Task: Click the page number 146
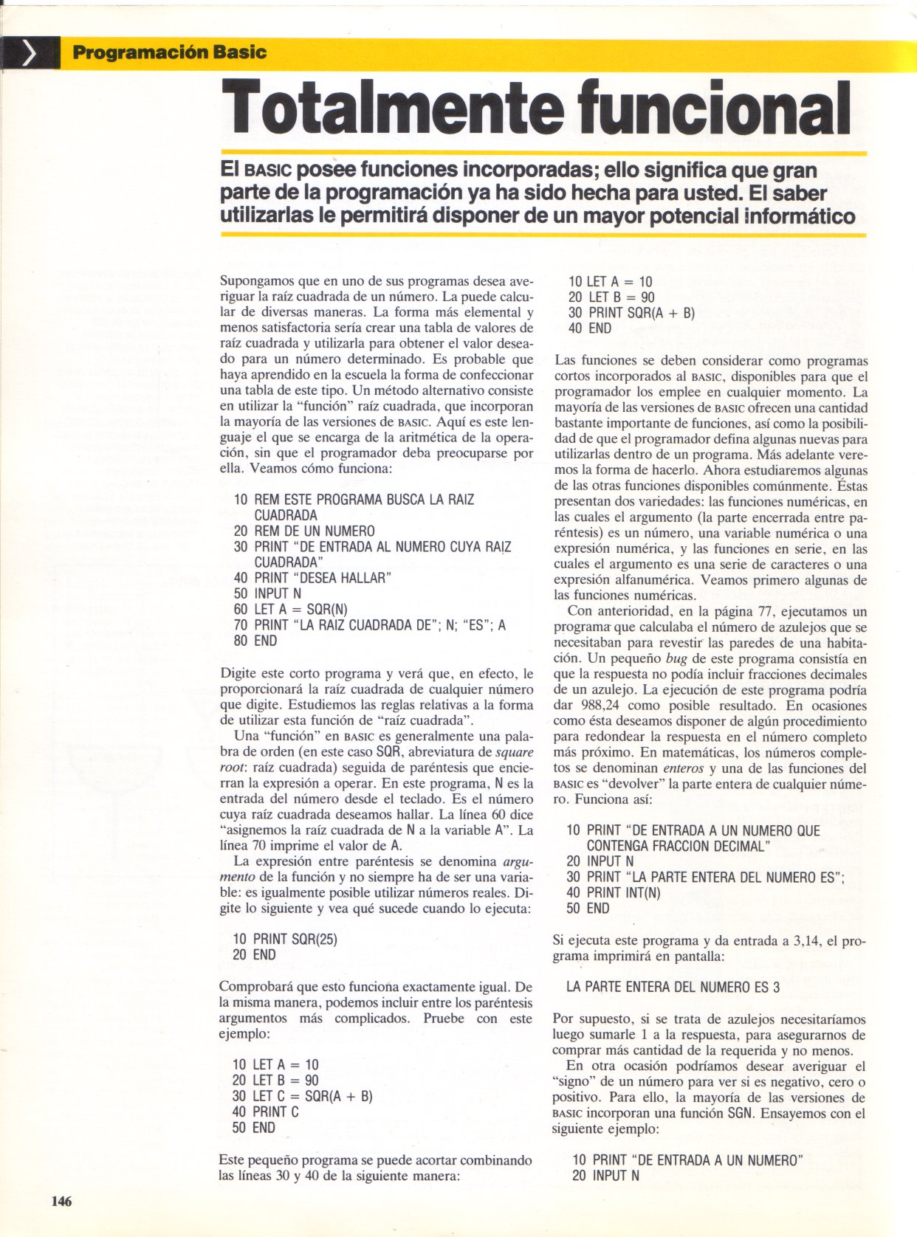61,1202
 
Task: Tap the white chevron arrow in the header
30,54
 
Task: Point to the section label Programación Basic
169,52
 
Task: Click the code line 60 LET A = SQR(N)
290,609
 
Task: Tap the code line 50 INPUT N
267,593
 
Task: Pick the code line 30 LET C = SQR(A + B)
302,1096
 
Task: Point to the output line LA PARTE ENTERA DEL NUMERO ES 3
673,987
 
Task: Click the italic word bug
676,658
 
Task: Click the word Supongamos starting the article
255,281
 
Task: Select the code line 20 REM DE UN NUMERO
304,531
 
